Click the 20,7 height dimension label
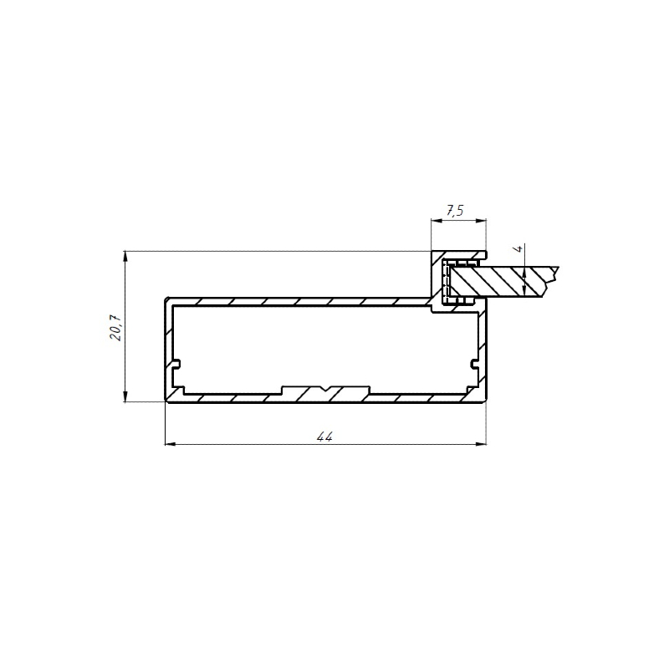click(116, 327)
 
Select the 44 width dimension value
click(324, 437)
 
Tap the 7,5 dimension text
click(455, 211)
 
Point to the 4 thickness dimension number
click(518, 248)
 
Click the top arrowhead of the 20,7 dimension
click(125, 256)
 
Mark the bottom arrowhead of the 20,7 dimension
click(125, 396)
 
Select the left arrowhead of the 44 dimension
click(171, 444)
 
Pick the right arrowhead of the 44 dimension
click(481, 444)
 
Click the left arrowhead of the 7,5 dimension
click(436, 221)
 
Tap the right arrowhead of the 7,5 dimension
click(481, 221)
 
